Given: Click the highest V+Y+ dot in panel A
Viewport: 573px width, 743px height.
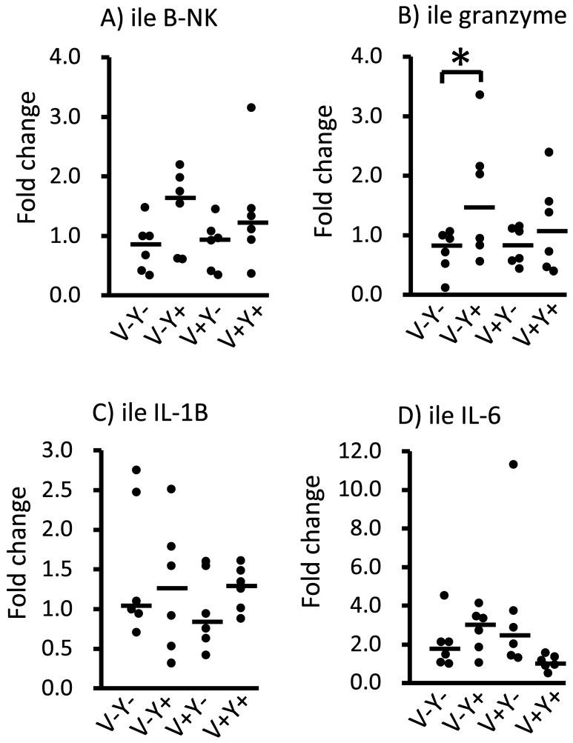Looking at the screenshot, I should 251,107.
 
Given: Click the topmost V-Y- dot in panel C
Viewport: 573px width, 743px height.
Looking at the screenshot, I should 136,470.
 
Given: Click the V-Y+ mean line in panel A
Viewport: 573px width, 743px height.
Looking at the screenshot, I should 180,198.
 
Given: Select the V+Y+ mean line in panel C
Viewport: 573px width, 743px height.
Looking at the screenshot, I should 241,586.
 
